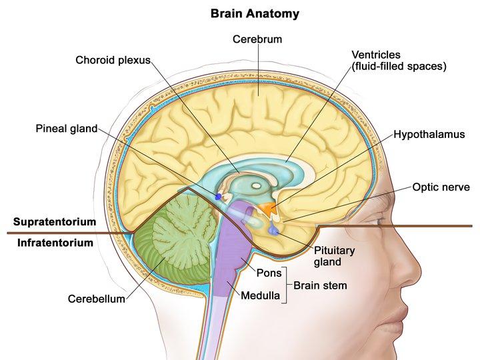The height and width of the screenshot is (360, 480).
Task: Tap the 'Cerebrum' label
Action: pyautogui.click(x=257, y=39)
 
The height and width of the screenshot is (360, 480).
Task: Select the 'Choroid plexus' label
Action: pyautogui.click(x=113, y=61)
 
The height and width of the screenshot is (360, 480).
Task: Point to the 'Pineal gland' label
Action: pyautogui.click(x=67, y=128)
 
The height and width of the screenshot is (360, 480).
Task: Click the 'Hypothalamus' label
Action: pyautogui.click(x=429, y=134)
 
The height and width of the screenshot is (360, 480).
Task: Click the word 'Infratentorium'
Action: pyautogui.click(x=55, y=243)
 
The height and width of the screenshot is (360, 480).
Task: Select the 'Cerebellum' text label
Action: pyautogui.click(x=96, y=299)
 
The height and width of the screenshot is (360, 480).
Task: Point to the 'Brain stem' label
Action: pyautogui.click(x=320, y=285)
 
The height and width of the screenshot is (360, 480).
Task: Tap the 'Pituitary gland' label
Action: pyautogui.click(x=334, y=256)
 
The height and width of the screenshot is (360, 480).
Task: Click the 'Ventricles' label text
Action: pyautogui.click(x=376, y=55)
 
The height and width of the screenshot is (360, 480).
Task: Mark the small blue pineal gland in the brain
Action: pyautogui.click(x=218, y=197)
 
